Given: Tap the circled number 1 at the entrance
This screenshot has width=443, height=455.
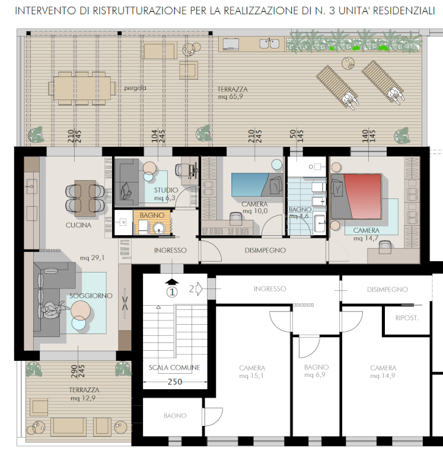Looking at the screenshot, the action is tap(172, 292).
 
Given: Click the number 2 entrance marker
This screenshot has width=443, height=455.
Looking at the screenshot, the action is tap(192, 289).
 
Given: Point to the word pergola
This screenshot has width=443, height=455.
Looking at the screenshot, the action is tap(135, 88).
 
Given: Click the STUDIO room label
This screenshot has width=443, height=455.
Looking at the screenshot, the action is tap(166, 190).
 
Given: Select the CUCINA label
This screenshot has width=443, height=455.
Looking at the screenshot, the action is tap(78, 225).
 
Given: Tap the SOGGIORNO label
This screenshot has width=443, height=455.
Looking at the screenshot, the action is tap(91, 296).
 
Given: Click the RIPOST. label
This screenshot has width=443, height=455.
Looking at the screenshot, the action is tap(407, 318).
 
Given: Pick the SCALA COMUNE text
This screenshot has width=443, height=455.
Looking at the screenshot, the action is tap(174, 368).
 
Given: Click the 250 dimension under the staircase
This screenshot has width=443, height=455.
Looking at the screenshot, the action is tap(175, 382).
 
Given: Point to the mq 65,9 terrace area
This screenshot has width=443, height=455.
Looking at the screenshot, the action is tap(230, 97).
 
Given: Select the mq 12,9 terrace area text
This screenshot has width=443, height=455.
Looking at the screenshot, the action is tap(83, 398).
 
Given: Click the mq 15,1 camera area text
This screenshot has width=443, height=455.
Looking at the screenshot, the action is tap(251, 376).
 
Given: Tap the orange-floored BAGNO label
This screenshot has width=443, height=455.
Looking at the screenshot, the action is tap(152, 215).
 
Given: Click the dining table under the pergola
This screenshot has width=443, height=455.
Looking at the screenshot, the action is tap(82, 88).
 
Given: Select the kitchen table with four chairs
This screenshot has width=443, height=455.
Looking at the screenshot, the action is tap(85, 198).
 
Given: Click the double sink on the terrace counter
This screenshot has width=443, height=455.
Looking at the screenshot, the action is tap(269, 43).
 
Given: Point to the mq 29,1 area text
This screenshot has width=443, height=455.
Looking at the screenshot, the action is tap(92, 258).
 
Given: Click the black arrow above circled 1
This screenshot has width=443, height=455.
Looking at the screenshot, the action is tap(172, 282).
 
